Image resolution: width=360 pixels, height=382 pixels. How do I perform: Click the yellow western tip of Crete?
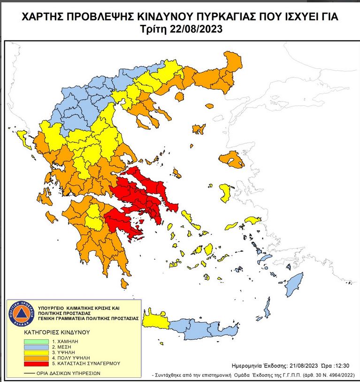[154, 320]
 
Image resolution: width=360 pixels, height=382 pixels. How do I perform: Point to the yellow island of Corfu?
[22, 137]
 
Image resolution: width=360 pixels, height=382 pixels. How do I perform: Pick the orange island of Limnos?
[199, 128]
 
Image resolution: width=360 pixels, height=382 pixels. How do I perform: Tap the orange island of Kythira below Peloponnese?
[124, 283]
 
